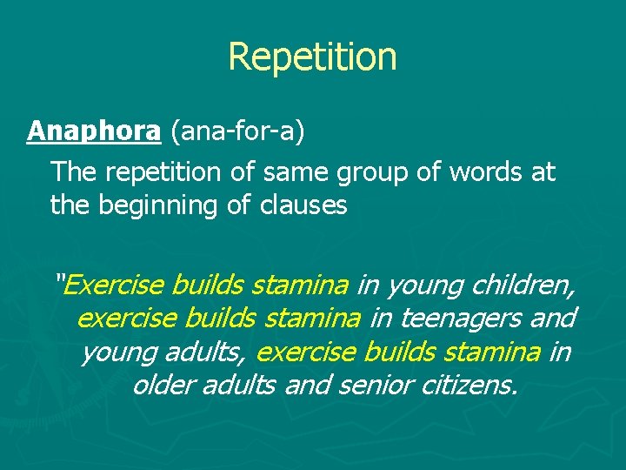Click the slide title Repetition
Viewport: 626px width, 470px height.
[312, 57]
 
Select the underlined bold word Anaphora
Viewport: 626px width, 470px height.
[94, 131]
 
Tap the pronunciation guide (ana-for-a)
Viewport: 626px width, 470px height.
[236, 132]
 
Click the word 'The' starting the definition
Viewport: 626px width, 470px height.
[74, 172]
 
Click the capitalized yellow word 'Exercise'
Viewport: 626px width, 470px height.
[115, 285]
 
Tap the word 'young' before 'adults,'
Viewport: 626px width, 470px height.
[115, 352]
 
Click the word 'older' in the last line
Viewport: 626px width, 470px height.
[163, 385]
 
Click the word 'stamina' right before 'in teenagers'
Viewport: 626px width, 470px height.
[312, 319]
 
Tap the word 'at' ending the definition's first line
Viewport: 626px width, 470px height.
[542, 172]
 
